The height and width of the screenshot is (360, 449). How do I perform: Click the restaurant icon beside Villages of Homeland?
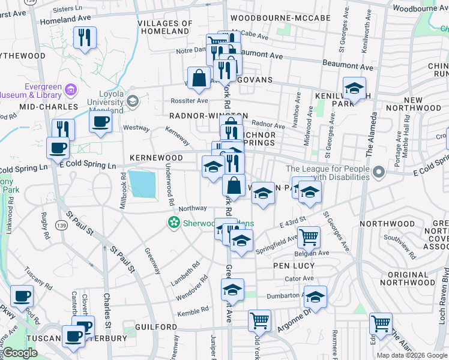click(84, 38)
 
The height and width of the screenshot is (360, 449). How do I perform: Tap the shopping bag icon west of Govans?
click(199, 77)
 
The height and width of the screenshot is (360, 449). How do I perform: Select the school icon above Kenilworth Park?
click(354, 88)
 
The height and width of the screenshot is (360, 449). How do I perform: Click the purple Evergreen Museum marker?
click(70, 90)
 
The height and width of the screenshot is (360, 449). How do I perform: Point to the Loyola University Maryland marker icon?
click(132, 101)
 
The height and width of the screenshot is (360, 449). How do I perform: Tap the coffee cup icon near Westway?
click(100, 121)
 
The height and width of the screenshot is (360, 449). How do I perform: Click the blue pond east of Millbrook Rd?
click(142, 184)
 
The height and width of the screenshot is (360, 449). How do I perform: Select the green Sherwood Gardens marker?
click(173, 223)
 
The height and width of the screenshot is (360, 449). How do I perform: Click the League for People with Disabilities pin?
click(378, 173)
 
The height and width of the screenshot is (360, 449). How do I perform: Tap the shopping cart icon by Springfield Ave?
click(309, 236)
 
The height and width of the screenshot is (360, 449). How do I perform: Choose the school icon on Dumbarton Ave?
click(315, 296)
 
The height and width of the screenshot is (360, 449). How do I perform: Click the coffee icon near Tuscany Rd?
click(22, 296)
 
